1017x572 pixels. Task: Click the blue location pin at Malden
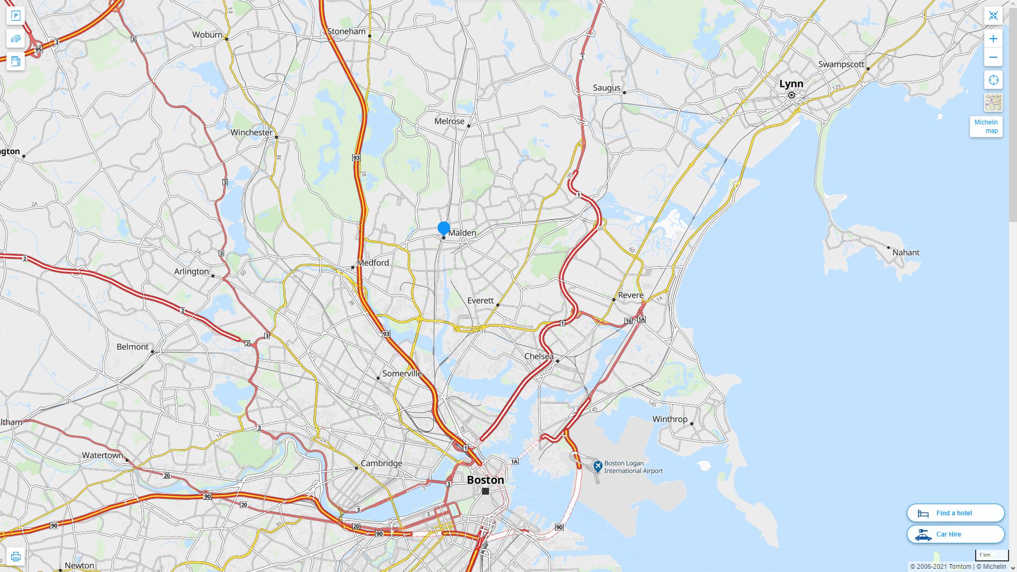pyautogui.click(x=444, y=229)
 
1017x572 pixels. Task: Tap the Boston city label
pyautogui.click(x=485, y=480)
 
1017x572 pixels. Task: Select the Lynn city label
pyautogui.click(x=791, y=84)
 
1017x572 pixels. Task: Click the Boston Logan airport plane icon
pyautogui.click(x=598, y=466)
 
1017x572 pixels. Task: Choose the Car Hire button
pyautogui.click(x=956, y=534)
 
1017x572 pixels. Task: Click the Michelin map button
pyautogui.click(x=986, y=127)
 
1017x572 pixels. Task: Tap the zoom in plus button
pyautogui.click(x=993, y=39)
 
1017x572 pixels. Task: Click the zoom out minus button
pyautogui.click(x=993, y=57)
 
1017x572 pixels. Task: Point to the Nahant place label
pyautogui.click(x=906, y=253)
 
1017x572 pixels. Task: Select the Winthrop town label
pyautogui.click(x=670, y=419)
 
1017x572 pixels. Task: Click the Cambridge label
pyautogui.click(x=381, y=463)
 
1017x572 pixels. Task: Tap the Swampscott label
pyautogui.click(x=841, y=64)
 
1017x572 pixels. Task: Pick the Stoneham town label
pyautogui.click(x=346, y=31)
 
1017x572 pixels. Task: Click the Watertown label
pyautogui.click(x=102, y=455)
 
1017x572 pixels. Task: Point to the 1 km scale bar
pyautogui.click(x=992, y=556)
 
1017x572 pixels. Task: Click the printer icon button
pyautogui.click(x=15, y=557)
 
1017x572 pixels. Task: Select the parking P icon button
pyautogui.click(x=15, y=16)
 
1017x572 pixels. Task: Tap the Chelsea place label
pyautogui.click(x=539, y=356)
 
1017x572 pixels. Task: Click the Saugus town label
pyautogui.click(x=606, y=88)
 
